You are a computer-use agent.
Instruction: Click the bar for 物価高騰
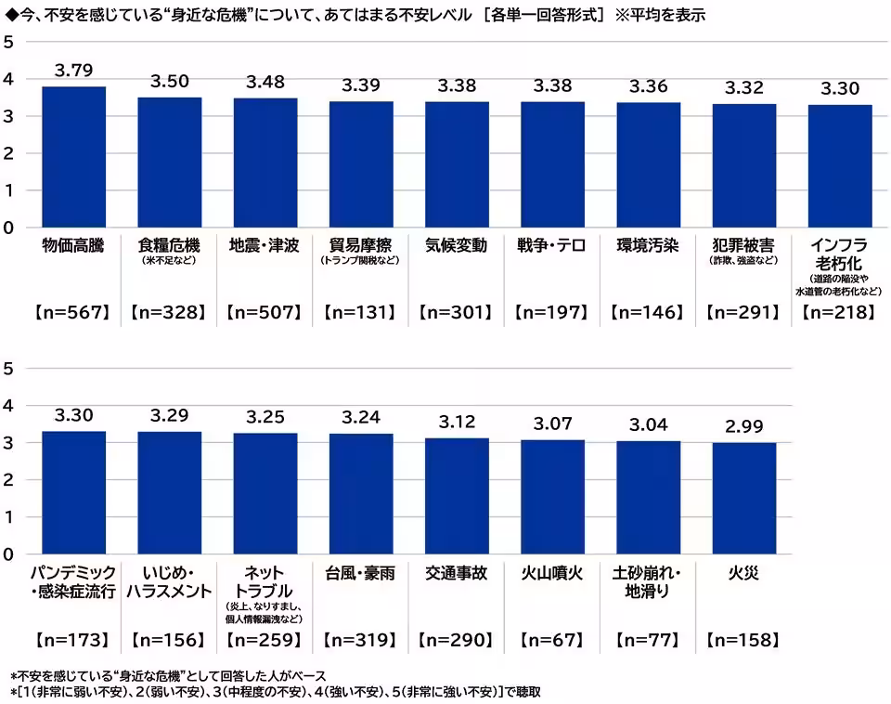click(74, 157)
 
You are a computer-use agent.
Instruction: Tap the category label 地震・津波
click(265, 246)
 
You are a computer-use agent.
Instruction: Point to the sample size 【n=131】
click(361, 313)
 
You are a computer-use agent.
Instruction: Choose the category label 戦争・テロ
click(552, 246)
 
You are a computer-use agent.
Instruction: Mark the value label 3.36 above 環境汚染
click(649, 86)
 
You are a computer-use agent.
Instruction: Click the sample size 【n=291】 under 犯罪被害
click(744, 313)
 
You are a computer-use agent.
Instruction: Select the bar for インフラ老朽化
click(840, 166)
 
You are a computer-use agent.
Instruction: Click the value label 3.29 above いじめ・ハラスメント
click(170, 415)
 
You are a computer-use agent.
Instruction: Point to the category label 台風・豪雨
click(361, 573)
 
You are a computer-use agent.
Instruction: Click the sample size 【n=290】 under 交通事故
click(457, 640)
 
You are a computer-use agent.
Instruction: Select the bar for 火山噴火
click(552, 497)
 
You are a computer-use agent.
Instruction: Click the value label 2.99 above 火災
click(744, 427)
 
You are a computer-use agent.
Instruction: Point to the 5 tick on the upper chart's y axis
click(9, 42)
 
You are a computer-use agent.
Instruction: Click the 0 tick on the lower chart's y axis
click(9, 554)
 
